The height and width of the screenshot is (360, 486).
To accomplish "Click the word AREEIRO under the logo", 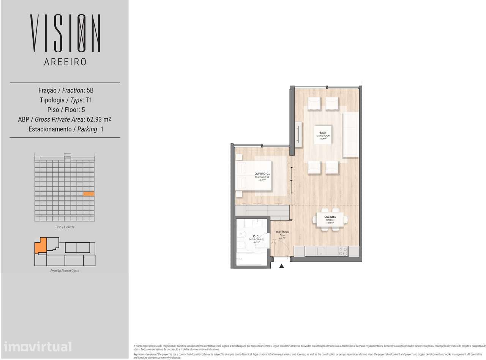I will (65, 62).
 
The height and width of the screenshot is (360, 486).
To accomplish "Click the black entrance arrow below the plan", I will (282, 266).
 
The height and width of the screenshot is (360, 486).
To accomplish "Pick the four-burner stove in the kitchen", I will (342, 251).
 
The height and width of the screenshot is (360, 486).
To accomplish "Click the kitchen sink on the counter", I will (321, 251).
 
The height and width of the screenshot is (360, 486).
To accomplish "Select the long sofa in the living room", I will (350, 135).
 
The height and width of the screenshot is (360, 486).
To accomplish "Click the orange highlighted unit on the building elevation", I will (88, 194).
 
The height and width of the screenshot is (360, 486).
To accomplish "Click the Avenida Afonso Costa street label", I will (65, 270).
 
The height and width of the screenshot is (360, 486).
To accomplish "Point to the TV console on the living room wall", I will (299, 135).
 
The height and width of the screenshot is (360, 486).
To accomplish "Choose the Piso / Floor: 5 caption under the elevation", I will (65, 227).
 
